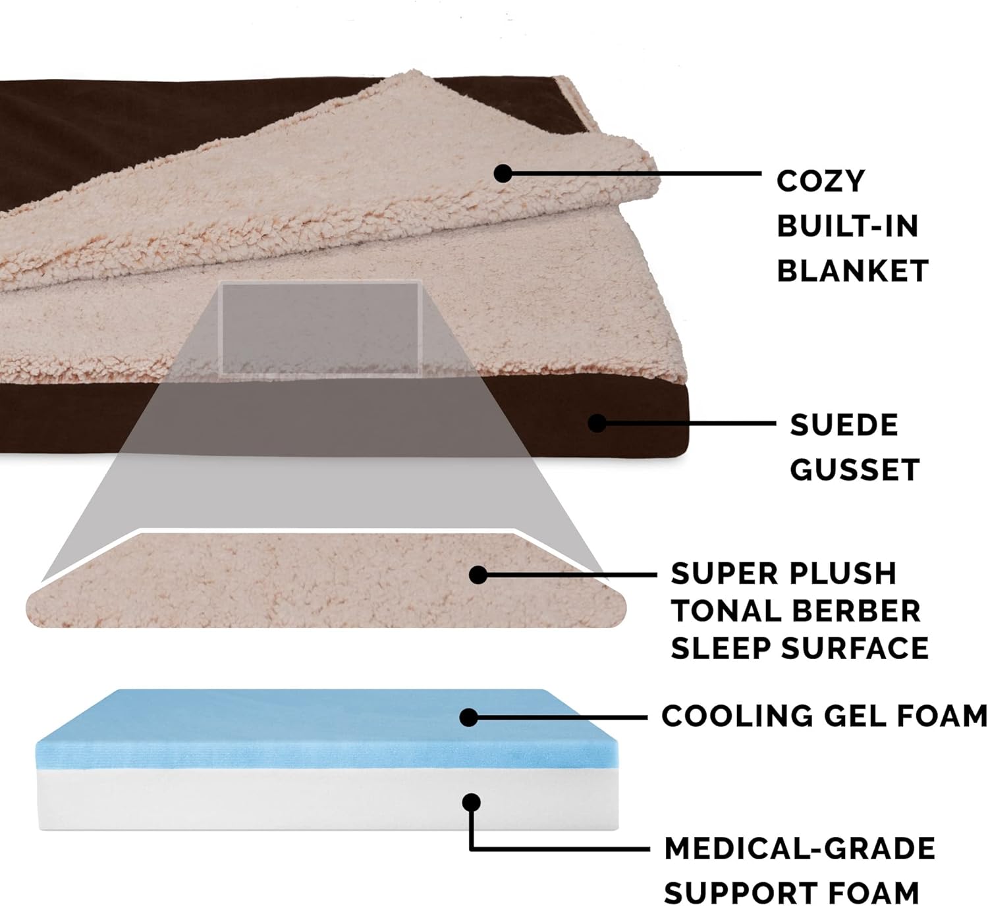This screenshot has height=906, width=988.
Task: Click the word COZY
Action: [x=820, y=181]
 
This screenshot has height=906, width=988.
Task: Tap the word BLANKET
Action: [x=852, y=271]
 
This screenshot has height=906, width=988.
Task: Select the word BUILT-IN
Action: [x=847, y=226]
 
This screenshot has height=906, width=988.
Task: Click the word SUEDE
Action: [x=844, y=425]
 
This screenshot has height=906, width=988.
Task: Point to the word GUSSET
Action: [x=854, y=470]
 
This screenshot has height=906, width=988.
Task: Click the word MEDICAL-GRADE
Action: [x=800, y=849]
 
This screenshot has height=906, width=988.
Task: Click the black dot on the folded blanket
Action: [x=503, y=174]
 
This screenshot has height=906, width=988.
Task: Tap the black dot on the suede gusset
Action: [x=597, y=423]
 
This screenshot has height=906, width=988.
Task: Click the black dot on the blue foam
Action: [x=469, y=717]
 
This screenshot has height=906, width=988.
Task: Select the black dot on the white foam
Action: [x=471, y=802]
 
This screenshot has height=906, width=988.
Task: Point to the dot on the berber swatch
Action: [x=478, y=575]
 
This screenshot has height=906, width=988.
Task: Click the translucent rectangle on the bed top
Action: [x=321, y=328]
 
